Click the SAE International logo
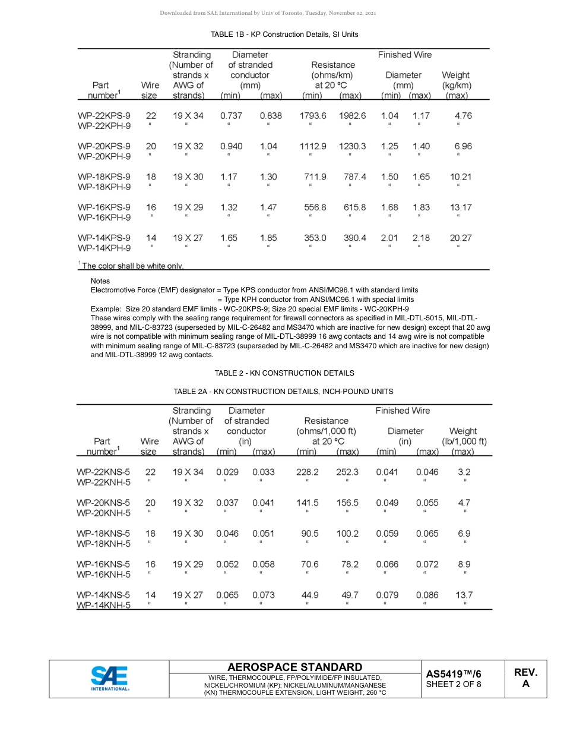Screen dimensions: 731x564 pyautogui.click(x=109, y=678)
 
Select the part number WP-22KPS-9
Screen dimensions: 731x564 pyautogui.click(x=104, y=116)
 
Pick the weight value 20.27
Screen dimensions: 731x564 pyautogui.click(x=461, y=238)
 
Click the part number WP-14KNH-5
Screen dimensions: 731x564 pyautogui.click(x=103, y=606)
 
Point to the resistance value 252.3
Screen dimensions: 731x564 pyautogui.click(x=347, y=472)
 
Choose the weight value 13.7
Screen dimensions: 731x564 pyautogui.click(x=464, y=595)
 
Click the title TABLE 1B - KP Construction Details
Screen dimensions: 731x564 pyautogui.click(x=284, y=34)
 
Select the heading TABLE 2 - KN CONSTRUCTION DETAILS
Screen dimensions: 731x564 pyautogui.click(x=284, y=373)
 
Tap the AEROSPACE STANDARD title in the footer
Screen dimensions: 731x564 pyautogui.click(x=294, y=667)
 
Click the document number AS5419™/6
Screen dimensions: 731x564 pyautogui.click(x=454, y=674)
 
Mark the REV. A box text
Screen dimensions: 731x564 pyautogui.click(x=525, y=678)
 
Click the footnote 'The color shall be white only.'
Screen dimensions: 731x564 pyautogui.click(x=132, y=266)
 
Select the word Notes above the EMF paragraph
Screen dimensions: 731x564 pyautogui.click(x=100, y=281)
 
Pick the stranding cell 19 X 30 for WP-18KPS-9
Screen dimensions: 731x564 pyautogui.click(x=188, y=177)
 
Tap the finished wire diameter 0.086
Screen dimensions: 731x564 pyautogui.click(x=427, y=595)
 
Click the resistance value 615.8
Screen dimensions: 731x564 pyautogui.click(x=354, y=207)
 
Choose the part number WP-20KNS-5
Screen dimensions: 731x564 pyautogui.click(x=103, y=503)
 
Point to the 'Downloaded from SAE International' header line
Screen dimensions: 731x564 pyautogui.click(x=268, y=13)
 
